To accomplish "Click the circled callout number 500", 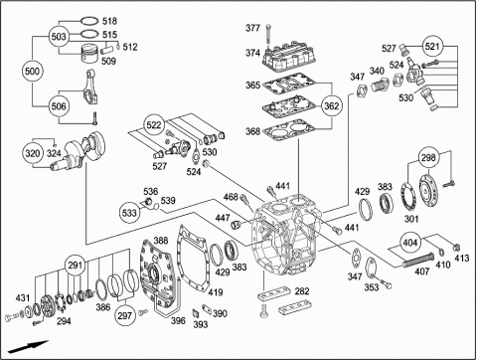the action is pos(32,71).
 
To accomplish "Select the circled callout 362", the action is pos(331,105).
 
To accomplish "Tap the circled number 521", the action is pos(431,47).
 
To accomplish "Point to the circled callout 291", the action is pos(76,266).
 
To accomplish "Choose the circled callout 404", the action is pos(409,243).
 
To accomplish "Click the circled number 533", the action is pos(129,212).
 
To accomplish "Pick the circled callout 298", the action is pos(428,157).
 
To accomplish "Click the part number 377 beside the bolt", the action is pos(252,28).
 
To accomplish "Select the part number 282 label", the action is pos(302,291).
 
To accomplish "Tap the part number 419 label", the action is pos(216,292).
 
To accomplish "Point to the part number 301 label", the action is pos(411,219).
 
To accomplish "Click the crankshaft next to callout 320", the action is pos(79,151).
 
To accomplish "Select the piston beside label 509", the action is pos(89,54).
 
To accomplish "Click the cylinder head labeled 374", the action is pos(288,56).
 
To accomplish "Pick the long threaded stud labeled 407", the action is pos(418,260).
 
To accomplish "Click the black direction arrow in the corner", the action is pos(28,346).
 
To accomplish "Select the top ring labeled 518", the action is pos(89,21).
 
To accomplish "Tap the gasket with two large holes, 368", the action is pos(288,130).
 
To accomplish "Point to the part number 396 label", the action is pos(178,320).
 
